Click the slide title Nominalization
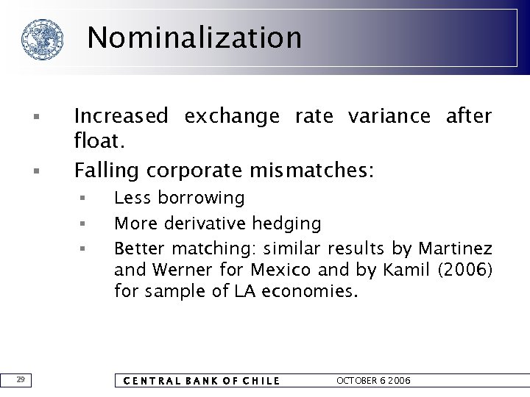point(195,37)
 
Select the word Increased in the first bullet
point(121,116)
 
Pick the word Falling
point(107,171)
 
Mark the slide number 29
point(21,379)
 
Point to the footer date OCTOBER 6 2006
point(373,381)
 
